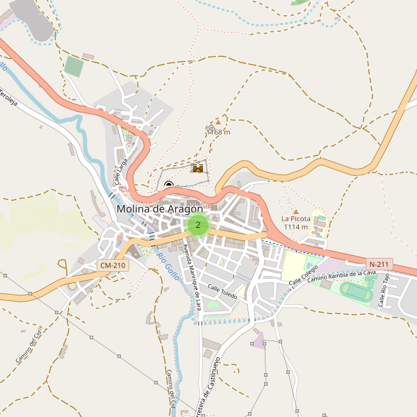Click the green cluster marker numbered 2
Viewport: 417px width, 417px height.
point(198,225)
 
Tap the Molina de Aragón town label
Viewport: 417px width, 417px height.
point(160,208)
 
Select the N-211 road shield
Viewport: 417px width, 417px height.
point(379,264)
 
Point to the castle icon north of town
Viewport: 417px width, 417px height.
point(198,168)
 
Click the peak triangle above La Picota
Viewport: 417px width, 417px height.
point(295,211)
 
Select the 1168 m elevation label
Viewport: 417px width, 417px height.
point(218,132)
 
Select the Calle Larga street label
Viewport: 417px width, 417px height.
point(122,170)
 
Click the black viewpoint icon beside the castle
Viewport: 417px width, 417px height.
point(169,184)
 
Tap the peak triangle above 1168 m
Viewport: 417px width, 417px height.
point(218,122)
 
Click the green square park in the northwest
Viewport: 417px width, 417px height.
point(74,67)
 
